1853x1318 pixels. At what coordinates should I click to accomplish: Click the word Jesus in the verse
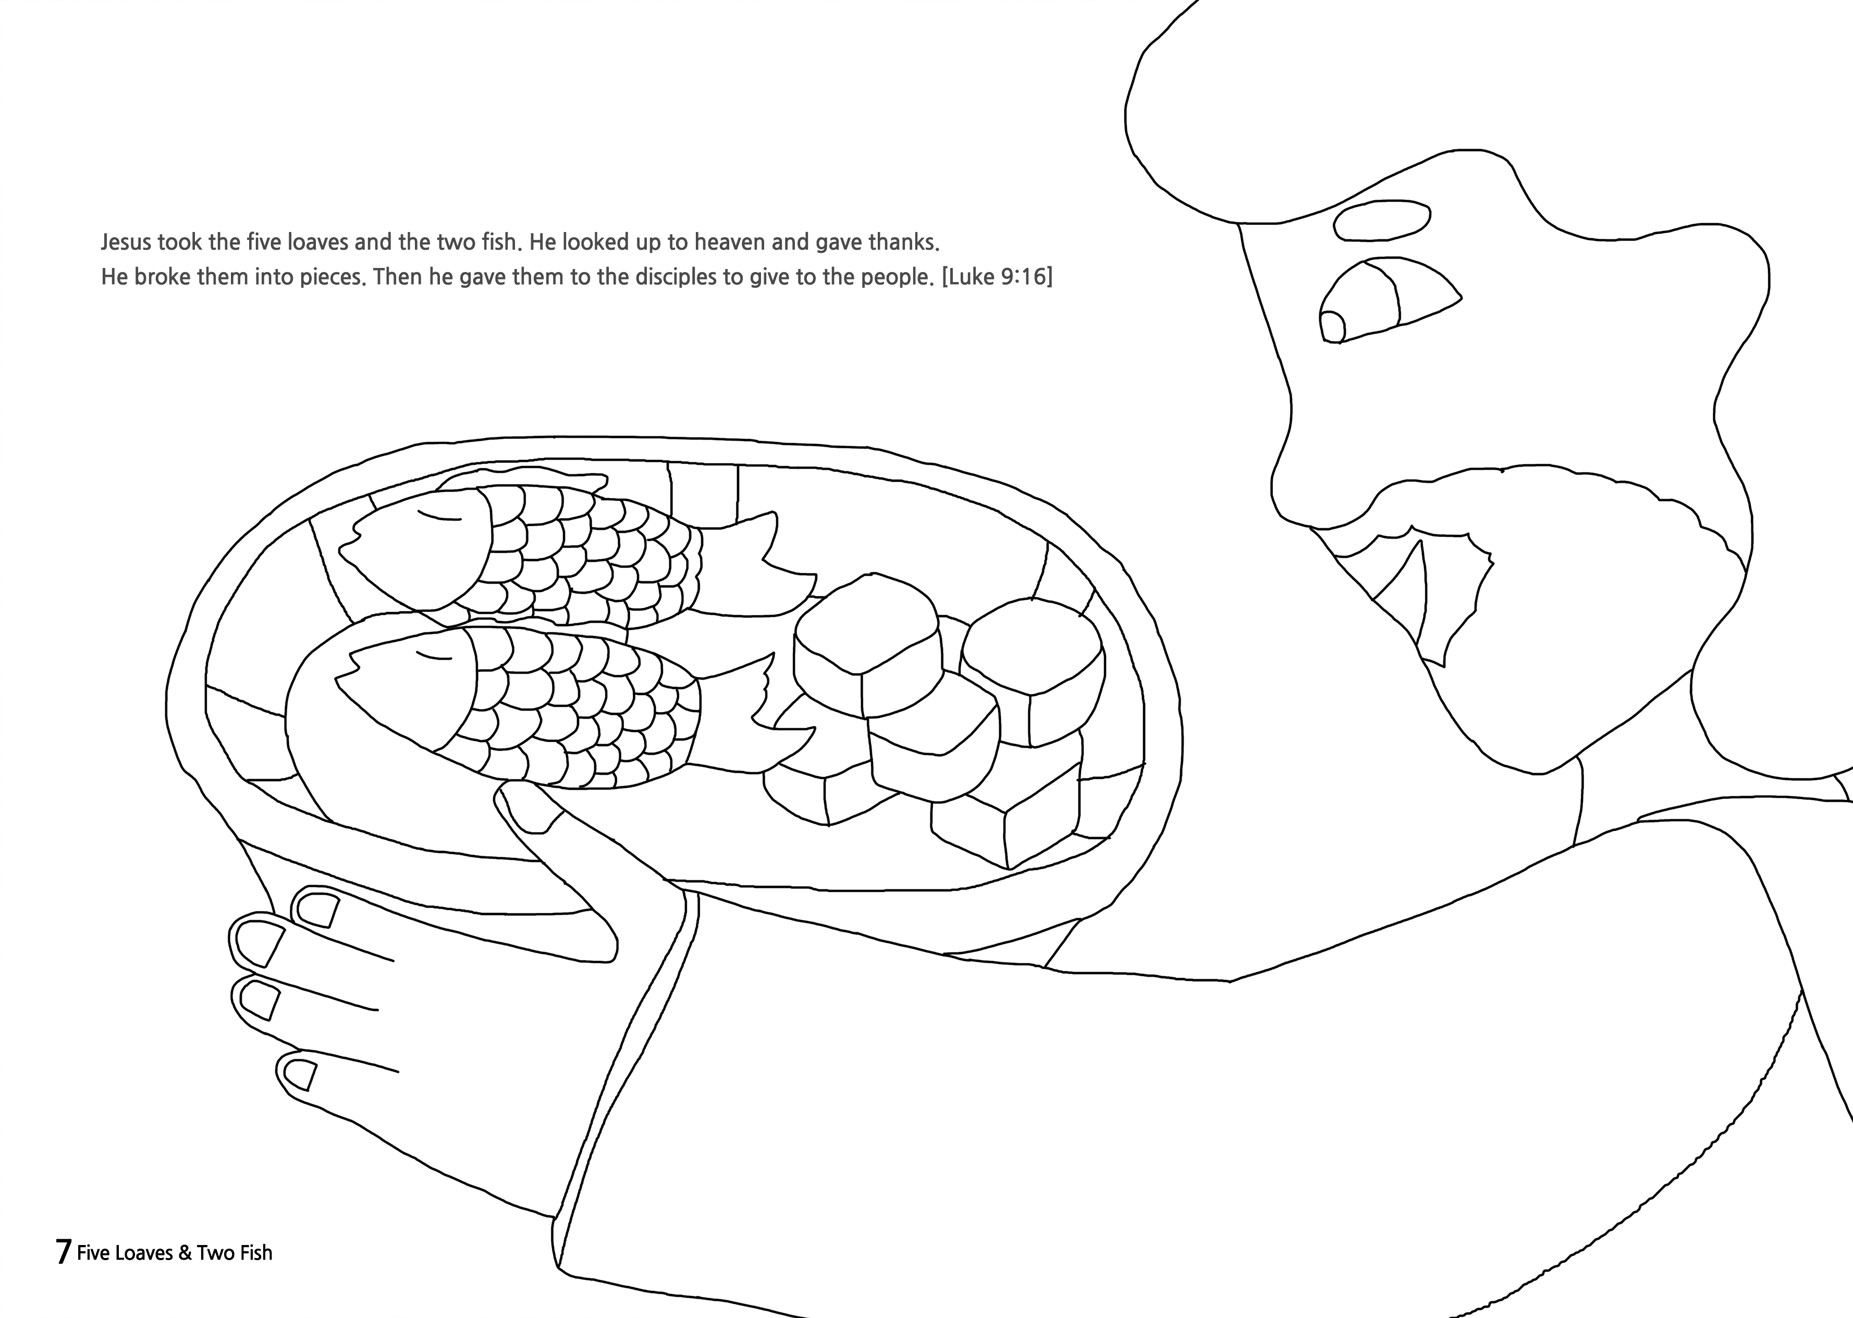coord(126,242)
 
